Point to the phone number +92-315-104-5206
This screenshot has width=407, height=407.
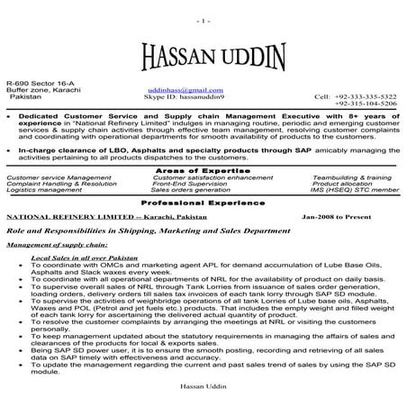(x=365, y=104)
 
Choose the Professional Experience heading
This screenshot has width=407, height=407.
(x=203, y=203)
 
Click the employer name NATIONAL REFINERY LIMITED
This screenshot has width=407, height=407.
(x=57, y=219)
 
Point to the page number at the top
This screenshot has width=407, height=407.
(x=202, y=19)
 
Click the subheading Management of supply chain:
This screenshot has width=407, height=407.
(x=57, y=244)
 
